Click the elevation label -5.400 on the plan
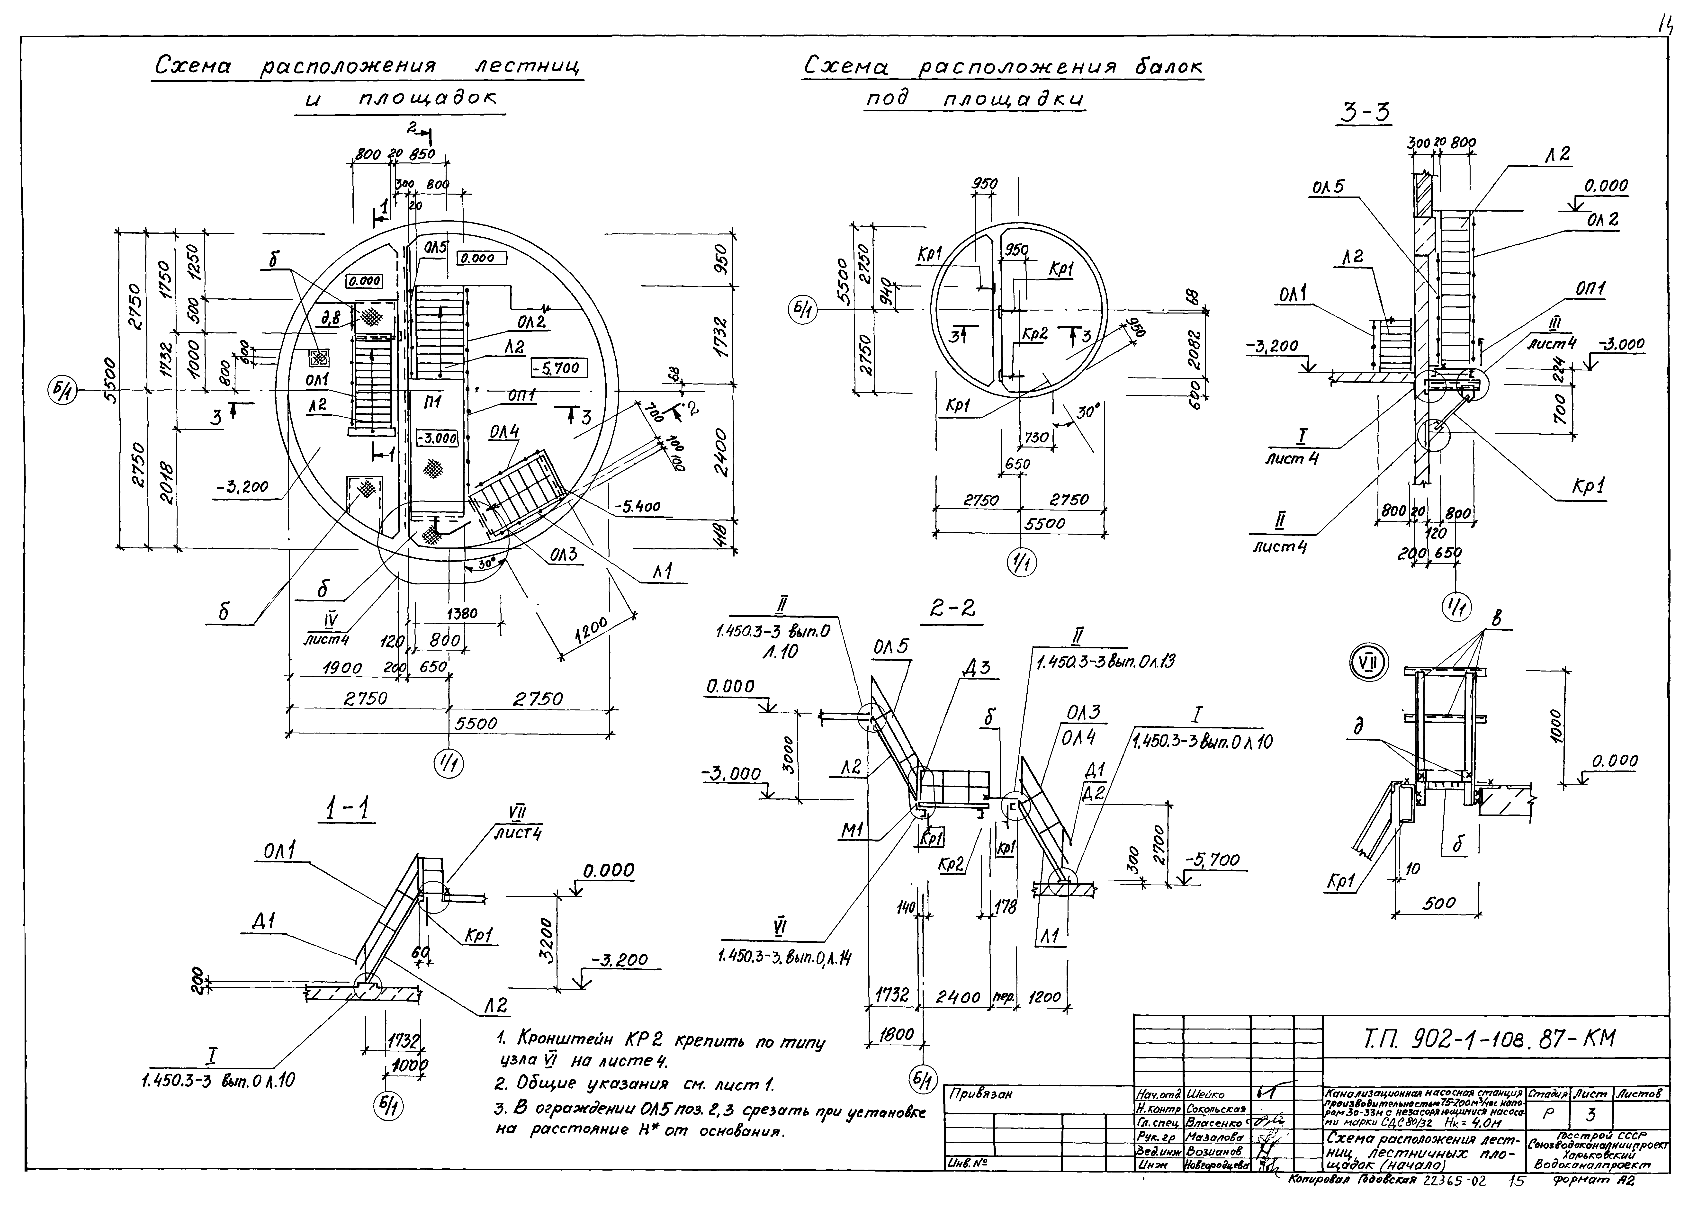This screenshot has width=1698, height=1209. tap(637, 507)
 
